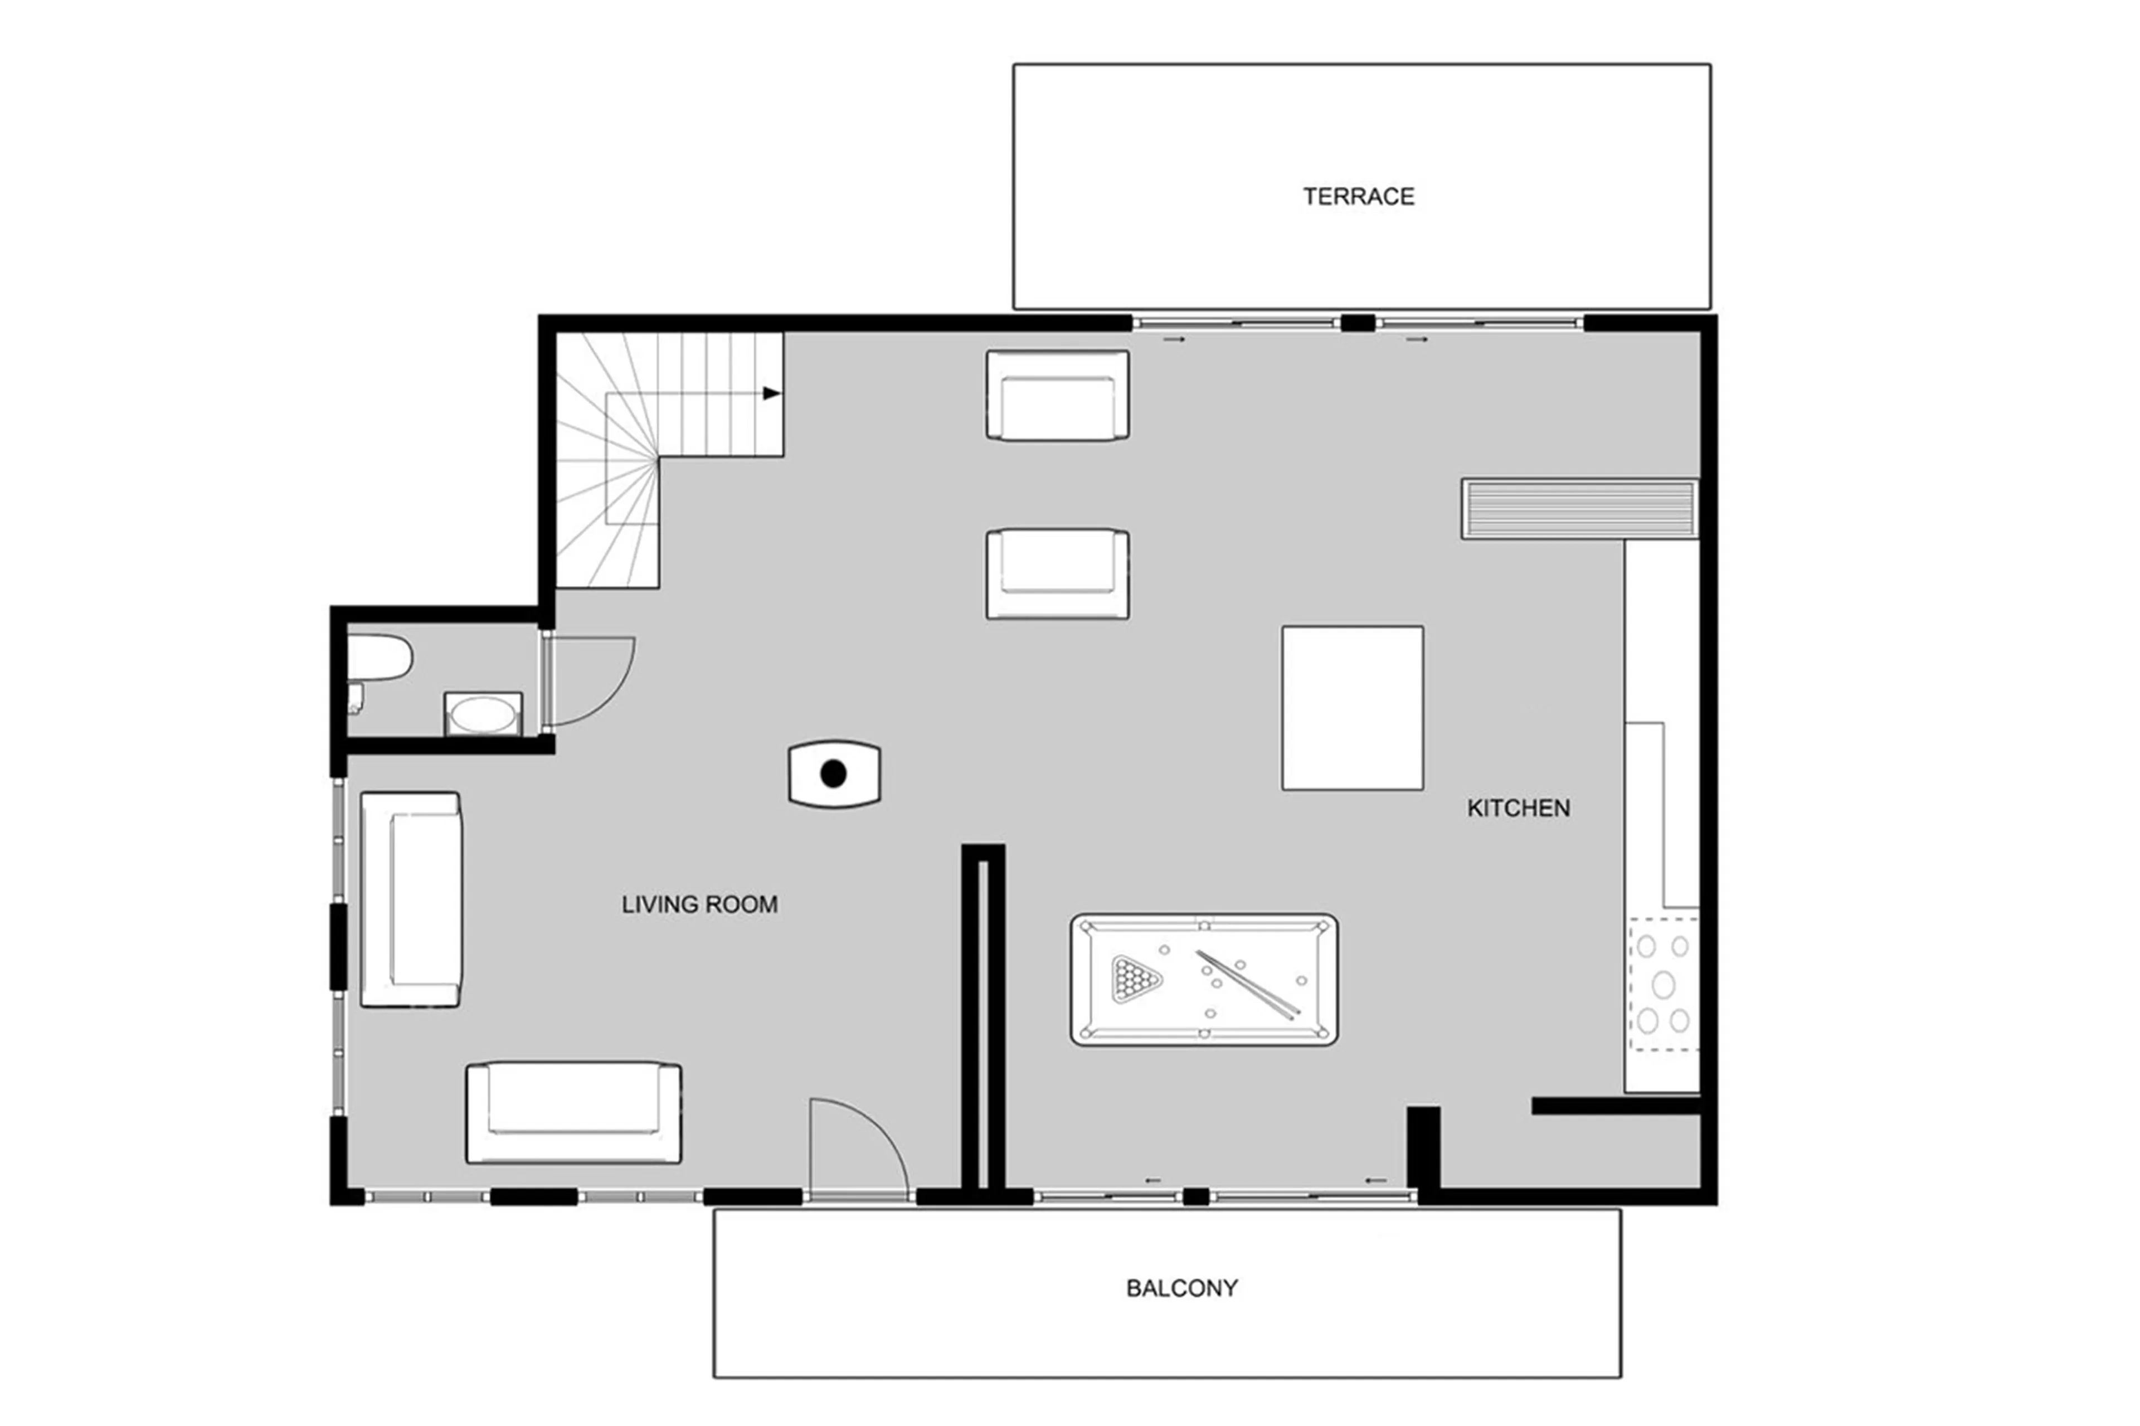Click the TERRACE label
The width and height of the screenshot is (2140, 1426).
[x=1358, y=197]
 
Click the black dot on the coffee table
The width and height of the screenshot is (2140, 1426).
[x=833, y=774]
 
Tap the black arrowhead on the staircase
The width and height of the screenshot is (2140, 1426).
[x=771, y=394]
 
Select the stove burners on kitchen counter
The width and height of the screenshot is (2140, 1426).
[x=1662, y=984]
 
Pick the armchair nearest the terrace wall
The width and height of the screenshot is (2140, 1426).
[x=1057, y=396]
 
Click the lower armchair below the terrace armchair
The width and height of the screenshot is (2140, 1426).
[x=1057, y=574]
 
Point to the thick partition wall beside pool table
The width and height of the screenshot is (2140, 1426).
[x=983, y=1019]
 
